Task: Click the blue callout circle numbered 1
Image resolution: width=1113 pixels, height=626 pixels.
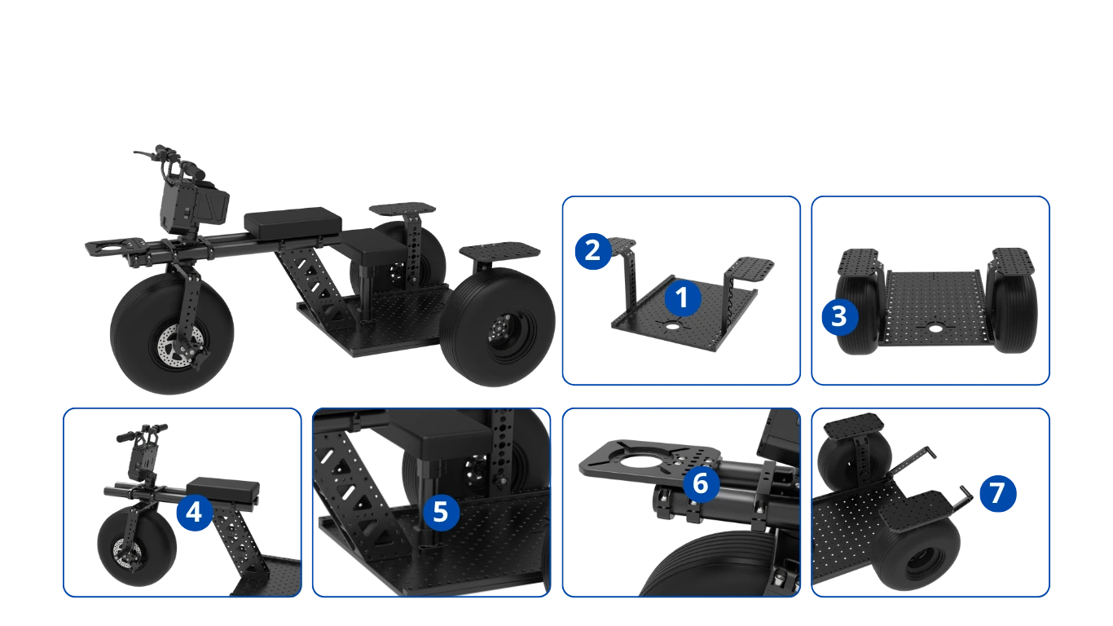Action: click(x=683, y=298)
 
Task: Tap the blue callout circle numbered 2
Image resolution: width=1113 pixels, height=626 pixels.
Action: click(x=593, y=251)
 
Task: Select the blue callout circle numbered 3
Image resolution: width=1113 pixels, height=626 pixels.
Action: click(x=839, y=317)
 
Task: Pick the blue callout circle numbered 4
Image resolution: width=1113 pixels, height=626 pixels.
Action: click(x=194, y=512)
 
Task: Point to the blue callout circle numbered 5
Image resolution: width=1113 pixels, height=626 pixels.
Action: click(x=441, y=512)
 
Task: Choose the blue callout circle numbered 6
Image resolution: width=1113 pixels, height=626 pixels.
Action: click(x=701, y=483)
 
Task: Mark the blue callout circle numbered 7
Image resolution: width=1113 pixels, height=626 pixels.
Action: click(x=998, y=493)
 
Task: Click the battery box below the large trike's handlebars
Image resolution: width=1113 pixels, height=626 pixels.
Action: click(x=195, y=206)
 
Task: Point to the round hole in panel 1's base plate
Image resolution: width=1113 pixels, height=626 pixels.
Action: click(x=672, y=327)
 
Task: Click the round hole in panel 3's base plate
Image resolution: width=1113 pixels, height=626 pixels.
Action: click(x=935, y=328)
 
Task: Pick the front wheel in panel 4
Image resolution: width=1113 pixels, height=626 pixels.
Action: click(x=137, y=546)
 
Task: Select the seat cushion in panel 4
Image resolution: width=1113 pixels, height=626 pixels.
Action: click(x=223, y=490)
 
